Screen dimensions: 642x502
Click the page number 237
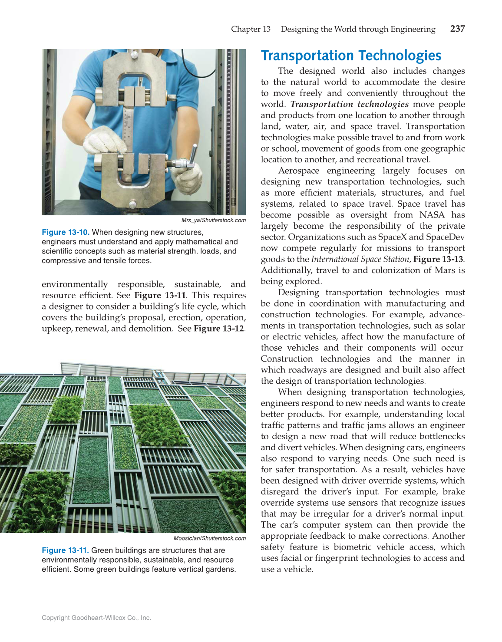pos(457,29)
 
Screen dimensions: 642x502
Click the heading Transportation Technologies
pos(351,56)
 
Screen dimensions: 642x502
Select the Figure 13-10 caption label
pos(66,232)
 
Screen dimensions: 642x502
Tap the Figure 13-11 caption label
pos(66,550)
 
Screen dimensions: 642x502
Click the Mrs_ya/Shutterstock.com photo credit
pos(213,220)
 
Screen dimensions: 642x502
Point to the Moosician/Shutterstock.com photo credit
pos(209,538)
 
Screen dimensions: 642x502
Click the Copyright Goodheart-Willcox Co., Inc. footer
pos(96,618)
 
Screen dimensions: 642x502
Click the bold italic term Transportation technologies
pos(349,104)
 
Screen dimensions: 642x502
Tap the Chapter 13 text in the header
pos(251,29)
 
